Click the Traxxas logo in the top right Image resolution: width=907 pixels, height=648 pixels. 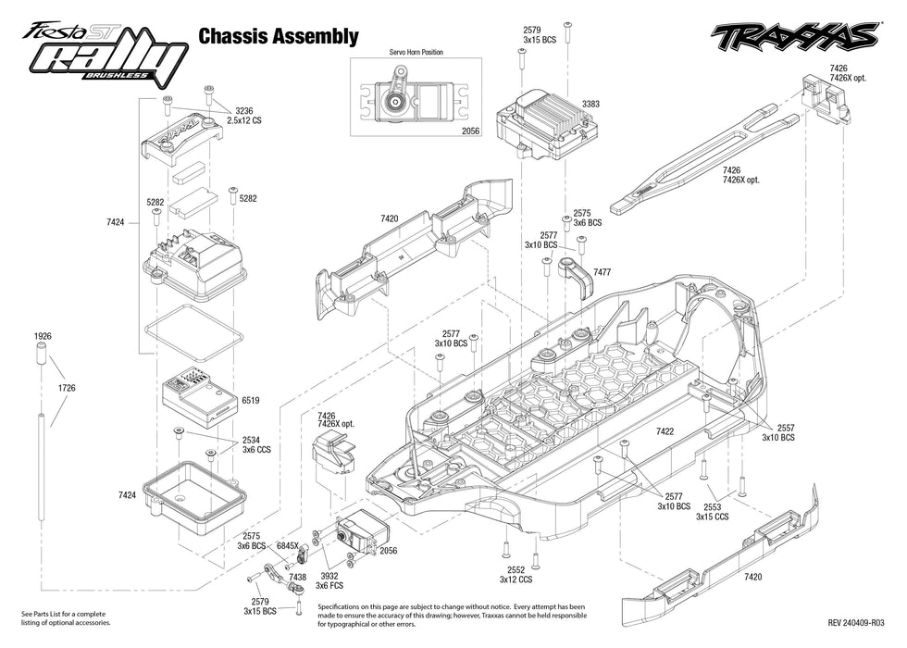click(x=794, y=38)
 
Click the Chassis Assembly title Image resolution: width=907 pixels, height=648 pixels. click(x=278, y=37)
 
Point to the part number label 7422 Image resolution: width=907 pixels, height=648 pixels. click(x=665, y=432)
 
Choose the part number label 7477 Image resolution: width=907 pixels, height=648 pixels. click(x=602, y=272)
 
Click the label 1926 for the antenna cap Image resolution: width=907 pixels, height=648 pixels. click(x=43, y=336)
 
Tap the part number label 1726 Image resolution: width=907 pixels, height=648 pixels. click(x=66, y=388)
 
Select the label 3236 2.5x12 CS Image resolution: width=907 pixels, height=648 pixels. click(x=242, y=116)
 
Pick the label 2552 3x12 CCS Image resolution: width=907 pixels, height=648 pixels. click(x=516, y=574)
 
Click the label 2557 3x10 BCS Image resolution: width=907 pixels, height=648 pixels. click(x=778, y=432)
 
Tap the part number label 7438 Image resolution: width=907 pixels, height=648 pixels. click(x=297, y=577)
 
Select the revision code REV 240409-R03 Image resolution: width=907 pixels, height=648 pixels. click(x=855, y=623)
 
